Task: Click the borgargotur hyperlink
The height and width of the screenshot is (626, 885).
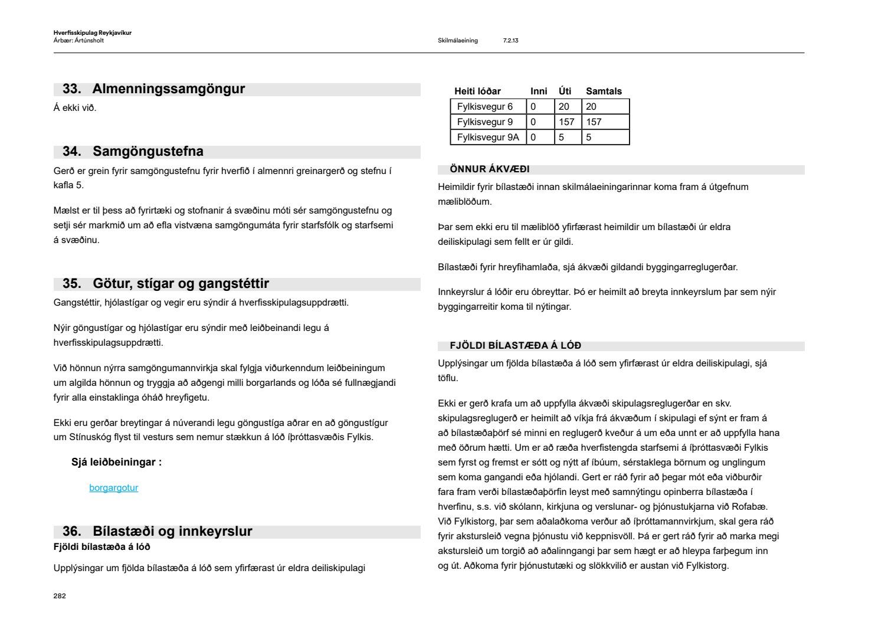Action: pos(113,488)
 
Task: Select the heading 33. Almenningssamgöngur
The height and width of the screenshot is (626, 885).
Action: pos(153,89)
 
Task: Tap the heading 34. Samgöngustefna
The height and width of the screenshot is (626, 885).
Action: pos(133,152)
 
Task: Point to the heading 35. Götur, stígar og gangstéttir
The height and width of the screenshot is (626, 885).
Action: pos(165,284)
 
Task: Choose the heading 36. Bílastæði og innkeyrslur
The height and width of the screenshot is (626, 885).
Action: pos(157,532)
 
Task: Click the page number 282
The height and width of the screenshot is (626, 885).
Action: pos(60,596)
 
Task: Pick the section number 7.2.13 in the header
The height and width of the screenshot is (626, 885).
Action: pos(510,41)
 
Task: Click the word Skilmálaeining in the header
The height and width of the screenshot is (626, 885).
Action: pos(458,41)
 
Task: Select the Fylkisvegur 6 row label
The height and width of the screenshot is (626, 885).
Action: pos(485,107)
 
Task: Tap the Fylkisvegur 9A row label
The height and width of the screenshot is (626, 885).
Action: pos(488,137)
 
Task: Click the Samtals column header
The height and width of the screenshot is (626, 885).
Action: pos(604,91)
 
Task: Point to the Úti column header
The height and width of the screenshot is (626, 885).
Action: pos(565,91)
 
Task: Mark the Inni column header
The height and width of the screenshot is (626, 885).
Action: pos(539,91)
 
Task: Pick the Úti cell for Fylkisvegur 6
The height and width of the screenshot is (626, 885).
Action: pos(564,107)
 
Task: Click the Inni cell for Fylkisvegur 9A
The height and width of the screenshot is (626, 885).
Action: pos(533,137)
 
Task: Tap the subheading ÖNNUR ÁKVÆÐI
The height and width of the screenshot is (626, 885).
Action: pos(490,170)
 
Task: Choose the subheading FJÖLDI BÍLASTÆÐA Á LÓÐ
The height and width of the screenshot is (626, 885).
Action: pos(515,346)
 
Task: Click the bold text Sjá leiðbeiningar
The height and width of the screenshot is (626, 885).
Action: pos(116,463)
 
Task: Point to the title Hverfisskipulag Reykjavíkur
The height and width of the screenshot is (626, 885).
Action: pos(92,33)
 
